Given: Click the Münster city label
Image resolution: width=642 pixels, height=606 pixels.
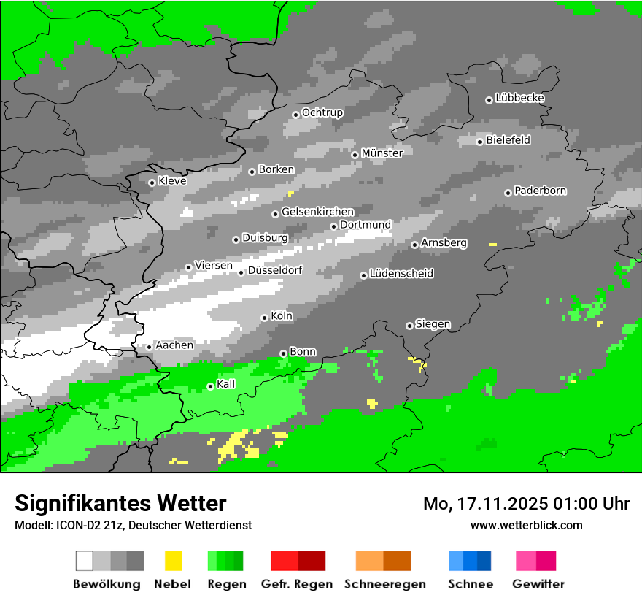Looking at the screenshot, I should tap(382, 153).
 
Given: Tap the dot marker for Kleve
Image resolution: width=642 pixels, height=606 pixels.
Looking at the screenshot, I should tap(152, 183).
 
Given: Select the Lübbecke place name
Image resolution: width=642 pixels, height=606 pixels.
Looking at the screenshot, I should tap(519, 98).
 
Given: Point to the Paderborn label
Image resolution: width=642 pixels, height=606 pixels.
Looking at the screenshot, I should tap(540, 191).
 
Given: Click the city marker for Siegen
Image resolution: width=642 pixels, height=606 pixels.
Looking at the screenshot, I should tap(409, 326).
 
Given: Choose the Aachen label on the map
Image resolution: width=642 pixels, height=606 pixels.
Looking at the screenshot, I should tap(174, 345).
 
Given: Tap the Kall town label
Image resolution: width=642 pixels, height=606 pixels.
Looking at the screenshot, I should tap(225, 384).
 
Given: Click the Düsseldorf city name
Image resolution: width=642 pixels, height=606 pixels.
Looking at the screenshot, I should tap(274, 271).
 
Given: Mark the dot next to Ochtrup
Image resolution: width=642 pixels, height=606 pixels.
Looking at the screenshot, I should tap(295, 114).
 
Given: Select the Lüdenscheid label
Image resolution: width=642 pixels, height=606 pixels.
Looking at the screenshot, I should tap(401, 274).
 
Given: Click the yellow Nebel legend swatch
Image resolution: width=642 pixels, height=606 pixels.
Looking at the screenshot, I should tap(173, 561).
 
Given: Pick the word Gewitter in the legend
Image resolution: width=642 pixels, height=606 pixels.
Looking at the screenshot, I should tap(538, 584).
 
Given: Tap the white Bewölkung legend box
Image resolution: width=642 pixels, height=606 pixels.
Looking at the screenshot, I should tap(85, 561).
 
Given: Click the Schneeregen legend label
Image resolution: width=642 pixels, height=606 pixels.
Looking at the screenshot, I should tap(384, 584).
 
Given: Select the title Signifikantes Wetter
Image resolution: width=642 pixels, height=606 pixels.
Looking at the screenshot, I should tap(120, 503).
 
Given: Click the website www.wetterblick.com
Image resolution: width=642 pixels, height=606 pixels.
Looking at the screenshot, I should tap(526, 525).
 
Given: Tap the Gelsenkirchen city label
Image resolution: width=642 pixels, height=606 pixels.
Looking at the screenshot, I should tap(317, 212).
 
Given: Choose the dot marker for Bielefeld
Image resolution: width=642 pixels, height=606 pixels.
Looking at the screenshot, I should tap(479, 142).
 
